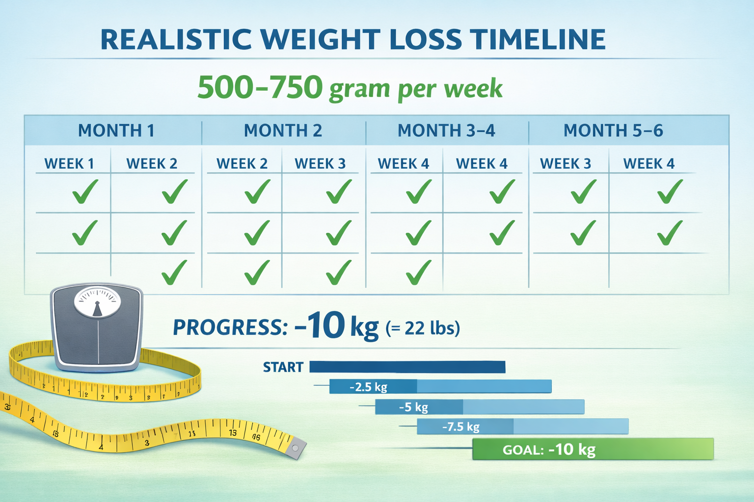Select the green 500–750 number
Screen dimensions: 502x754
(x=260, y=87)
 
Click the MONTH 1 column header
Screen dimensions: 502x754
(x=116, y=131)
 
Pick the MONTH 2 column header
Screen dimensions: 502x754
(x=283, y=131)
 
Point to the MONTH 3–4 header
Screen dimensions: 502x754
(x=446, y=131)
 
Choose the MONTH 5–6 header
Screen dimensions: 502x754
(x=613, y=131)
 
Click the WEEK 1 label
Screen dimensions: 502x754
(x=69, y=164)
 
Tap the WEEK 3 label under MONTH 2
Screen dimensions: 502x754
(x=320, y=164)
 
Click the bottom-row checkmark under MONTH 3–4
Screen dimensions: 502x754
(x=418, y=273)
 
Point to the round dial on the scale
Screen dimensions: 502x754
(x=97, y=301)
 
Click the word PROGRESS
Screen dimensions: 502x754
(x=230, y=327)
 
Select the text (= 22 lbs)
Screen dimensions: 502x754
(x=423, y=328)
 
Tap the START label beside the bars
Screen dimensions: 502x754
(x=283, y=367)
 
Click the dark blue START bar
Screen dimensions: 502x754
(x=407, y=367)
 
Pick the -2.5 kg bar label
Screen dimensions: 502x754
(x=369, y=387)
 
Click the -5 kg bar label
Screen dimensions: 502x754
(x=413, y=407)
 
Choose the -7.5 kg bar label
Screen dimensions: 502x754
(x=460, y=427)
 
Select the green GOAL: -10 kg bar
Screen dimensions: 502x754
(x=592, y=449)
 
